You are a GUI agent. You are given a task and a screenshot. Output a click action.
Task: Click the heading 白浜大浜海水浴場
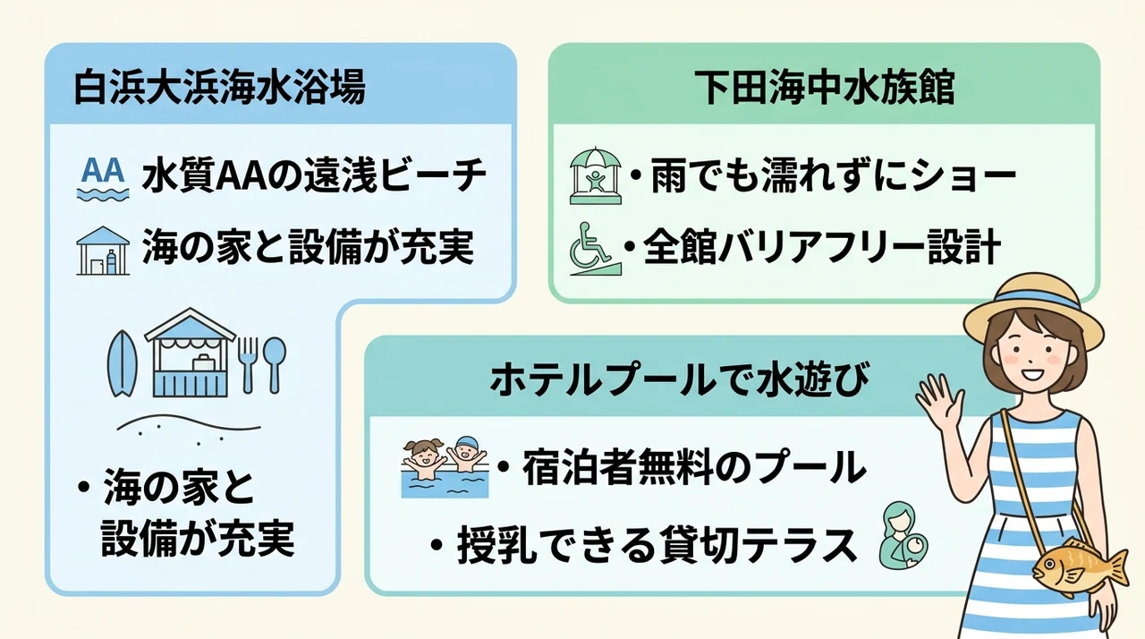(x=220, y=88)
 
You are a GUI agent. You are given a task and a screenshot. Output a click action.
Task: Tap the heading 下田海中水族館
(x=824, y=88)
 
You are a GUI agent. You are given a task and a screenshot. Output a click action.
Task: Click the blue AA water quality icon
(x=103, y=178)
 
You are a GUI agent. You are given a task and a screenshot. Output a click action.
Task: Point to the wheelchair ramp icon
(x=595, y=249)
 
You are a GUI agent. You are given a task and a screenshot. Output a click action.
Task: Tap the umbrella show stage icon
(x=596, y=175)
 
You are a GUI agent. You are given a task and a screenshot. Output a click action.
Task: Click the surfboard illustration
(x=123, y=363)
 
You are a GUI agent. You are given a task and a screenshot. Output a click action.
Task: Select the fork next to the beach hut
(x=248, y=364)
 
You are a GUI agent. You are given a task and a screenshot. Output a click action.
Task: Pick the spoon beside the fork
(x=275, y=364)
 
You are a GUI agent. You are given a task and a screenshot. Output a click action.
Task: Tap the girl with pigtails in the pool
(x=423, y=458)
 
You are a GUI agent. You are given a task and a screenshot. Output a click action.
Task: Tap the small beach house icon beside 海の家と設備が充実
(x=103, y=251)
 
